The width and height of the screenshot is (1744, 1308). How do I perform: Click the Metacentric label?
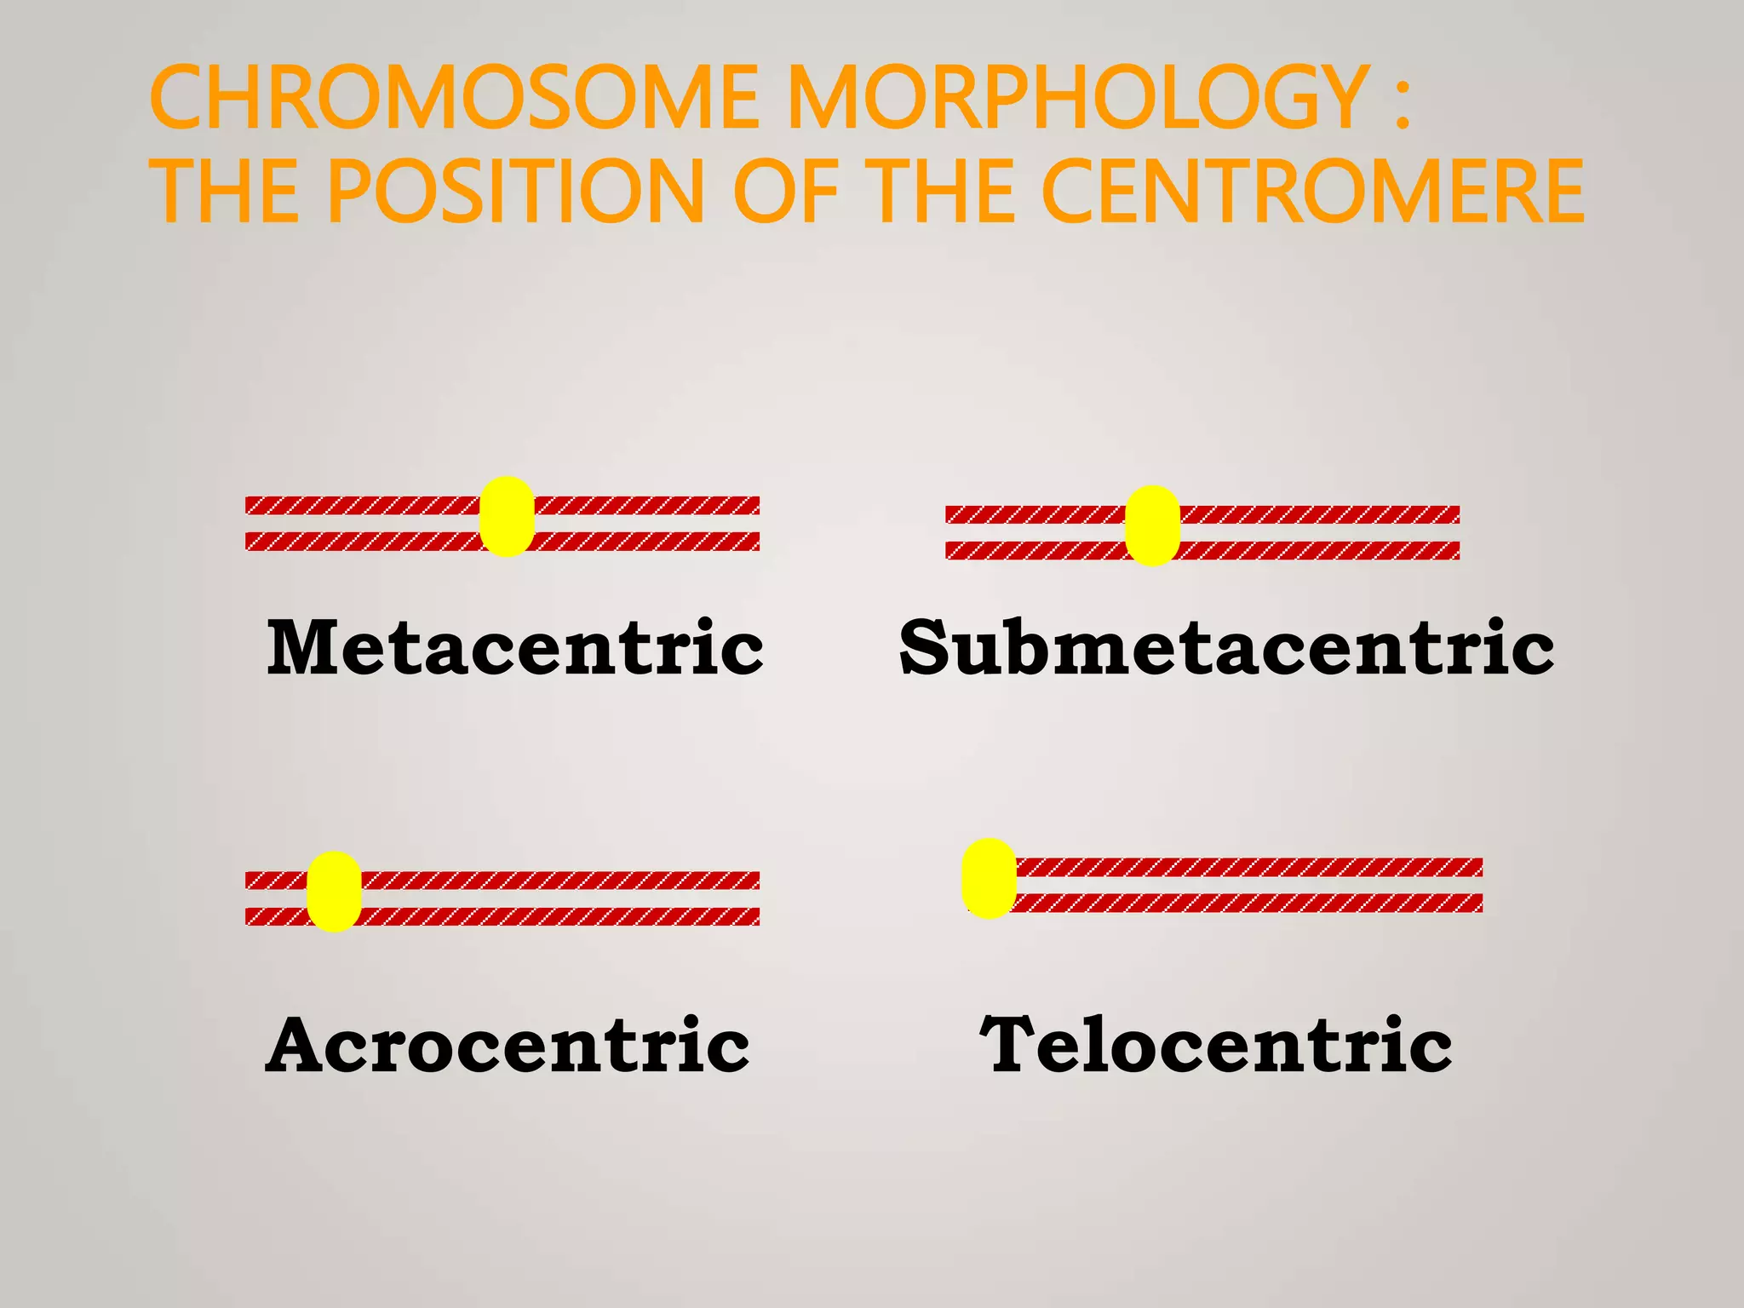[514, 647]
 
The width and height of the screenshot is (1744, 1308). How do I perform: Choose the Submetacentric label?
[1226, 647]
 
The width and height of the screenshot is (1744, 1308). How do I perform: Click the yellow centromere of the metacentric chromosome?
[507, 516]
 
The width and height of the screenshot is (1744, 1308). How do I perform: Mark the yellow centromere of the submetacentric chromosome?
[1152, 525]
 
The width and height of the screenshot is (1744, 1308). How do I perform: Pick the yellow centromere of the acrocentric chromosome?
[334, 891]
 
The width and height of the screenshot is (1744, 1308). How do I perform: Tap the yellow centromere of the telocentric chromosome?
[989, 878]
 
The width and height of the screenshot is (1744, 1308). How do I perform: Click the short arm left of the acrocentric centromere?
[275, 881]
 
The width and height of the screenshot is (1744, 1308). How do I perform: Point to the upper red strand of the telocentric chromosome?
[1248, 867]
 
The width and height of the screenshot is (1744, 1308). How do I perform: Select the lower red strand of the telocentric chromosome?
[1248, 903]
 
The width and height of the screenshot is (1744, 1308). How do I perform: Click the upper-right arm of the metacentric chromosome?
[647, 506]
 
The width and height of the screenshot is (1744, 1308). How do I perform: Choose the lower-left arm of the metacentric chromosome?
[363, 542]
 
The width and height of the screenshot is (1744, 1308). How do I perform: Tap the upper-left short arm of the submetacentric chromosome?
[1035, 514]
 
